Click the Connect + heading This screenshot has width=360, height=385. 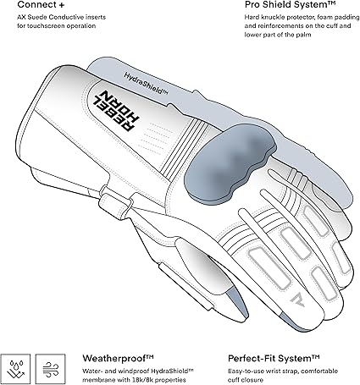[x=41, y=5]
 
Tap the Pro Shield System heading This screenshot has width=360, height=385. [x=291, y=4]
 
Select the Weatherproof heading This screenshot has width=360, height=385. [x=118, y=359]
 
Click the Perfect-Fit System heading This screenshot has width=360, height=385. [x=274, y=359]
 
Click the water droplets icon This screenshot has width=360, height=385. [x=15, y=369]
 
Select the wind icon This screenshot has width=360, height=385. [x=51, y=369]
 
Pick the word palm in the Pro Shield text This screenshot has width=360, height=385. [x=304, y=35]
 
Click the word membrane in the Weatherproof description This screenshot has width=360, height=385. [x=98, y=380]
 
